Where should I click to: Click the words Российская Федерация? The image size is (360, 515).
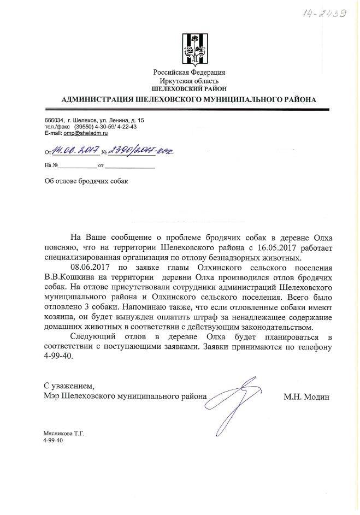(x=189, y=72)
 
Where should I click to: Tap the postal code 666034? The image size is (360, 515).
(x=54, y=120)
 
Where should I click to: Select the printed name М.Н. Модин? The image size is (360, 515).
(x=307, y=397)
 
